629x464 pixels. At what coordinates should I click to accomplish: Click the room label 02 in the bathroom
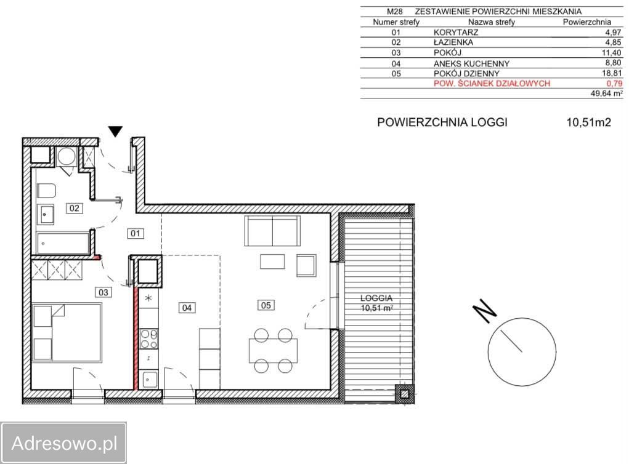[x=74, y=208]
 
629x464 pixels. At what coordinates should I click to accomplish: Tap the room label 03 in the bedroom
[x=103, y=292]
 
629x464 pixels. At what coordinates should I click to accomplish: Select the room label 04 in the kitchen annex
[x=187, y=308]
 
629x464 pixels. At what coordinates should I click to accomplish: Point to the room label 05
[x=266, y=305]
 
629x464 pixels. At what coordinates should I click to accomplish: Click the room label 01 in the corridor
[x=136, y=233]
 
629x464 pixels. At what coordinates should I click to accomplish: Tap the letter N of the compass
[x=485, y=311]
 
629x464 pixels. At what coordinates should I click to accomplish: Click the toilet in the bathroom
[x=46, y=191]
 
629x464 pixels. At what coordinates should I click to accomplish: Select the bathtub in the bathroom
[x=63, y=243]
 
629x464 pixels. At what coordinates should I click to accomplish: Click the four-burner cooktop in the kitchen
[x=149, y=338]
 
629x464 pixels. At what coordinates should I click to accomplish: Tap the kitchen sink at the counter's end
[x=149, y=379]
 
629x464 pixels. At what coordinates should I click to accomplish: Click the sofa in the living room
[x=272, y=231]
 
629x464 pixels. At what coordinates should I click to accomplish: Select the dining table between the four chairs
[x=273, y=351]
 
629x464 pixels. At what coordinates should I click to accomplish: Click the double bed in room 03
[x=67, y=333]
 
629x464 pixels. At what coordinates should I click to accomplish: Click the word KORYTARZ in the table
[x=456, y=32]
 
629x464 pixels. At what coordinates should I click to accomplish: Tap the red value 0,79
[x=614, y=83]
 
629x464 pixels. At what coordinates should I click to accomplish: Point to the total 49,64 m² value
[x=607, y=94]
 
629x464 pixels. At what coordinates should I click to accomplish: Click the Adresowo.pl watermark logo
[x=64, y=443]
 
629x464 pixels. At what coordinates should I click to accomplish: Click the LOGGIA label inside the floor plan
[x=376, y=298]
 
